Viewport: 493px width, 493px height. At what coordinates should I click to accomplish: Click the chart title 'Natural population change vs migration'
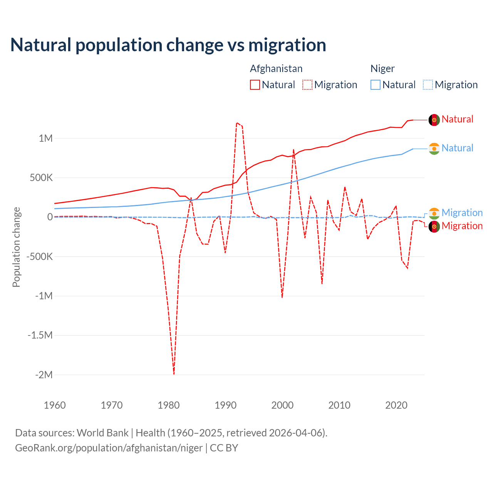168,45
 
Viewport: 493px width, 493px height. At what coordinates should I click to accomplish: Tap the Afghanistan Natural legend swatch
255,85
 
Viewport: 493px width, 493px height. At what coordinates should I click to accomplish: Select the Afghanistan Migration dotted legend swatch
307,85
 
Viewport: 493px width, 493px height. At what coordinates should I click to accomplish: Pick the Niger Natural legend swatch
376,85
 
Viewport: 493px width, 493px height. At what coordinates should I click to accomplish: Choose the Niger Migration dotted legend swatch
428,85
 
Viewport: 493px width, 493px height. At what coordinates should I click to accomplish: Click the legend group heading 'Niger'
382,69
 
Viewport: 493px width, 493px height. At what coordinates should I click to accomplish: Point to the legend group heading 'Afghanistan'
276,69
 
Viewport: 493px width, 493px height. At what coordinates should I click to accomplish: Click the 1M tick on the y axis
45,138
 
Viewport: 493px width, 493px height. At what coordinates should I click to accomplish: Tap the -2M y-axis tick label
44,375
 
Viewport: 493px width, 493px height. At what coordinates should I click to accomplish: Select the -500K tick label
39,257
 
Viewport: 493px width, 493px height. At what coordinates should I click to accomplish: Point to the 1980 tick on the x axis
169,405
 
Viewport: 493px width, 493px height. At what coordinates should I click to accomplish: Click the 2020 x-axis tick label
396,405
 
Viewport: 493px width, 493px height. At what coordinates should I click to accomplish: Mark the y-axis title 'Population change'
16,247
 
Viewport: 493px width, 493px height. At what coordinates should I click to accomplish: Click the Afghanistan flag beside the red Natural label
434,120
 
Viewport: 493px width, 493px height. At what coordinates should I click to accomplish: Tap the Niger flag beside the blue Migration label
434,213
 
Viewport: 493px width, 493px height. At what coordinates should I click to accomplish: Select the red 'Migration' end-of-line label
462,226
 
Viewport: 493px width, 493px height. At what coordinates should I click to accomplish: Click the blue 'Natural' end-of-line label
457,148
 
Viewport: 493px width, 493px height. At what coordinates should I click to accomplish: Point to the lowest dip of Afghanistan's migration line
174,374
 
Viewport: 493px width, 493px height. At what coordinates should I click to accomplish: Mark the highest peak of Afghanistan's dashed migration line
237,123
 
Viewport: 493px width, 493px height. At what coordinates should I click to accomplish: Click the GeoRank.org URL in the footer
109,448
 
